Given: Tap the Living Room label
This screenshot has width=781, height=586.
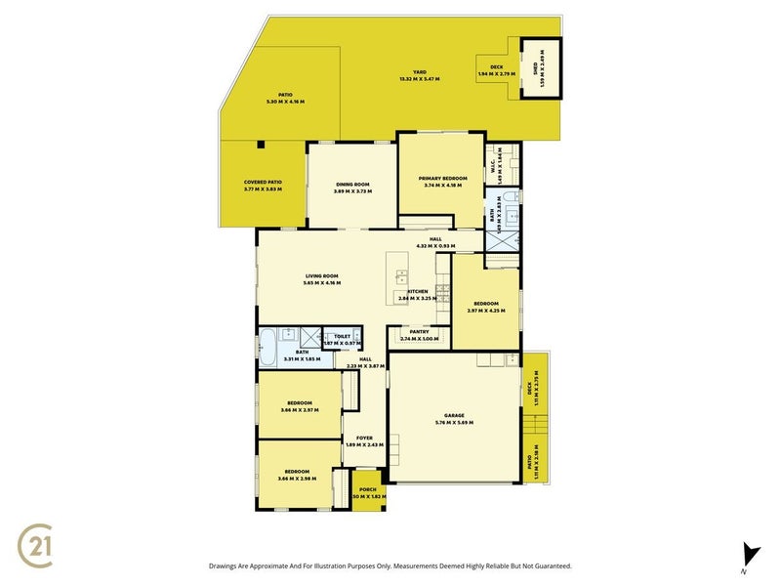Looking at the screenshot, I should (x=321, y=276).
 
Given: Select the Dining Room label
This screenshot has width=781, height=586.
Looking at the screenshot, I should (x=351, y=184).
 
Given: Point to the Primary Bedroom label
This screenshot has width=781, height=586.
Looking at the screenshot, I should (x=442, y=178).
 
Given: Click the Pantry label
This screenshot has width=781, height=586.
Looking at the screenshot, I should (x=420, y=331).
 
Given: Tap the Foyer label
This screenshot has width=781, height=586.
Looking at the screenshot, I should (x=364, y=438).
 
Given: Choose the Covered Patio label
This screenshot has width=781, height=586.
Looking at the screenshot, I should (x=262, y=182).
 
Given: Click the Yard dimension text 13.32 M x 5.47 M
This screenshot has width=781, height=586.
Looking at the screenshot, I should (x=419, y=78).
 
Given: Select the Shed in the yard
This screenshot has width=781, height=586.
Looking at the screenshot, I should (x=541, y=67).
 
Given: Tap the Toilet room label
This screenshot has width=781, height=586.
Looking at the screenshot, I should (x=342, y=336).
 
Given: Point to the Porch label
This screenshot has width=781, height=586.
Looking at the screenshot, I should (x=367, y=489).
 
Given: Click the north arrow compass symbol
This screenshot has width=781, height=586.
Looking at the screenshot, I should (x=749, y=553).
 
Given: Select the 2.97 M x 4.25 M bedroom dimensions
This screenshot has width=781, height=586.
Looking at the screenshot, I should (x=487, y=311).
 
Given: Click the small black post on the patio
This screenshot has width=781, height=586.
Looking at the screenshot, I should (x=261, y=145).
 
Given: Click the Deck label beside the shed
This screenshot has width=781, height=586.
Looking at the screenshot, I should (x=497, y=67).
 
